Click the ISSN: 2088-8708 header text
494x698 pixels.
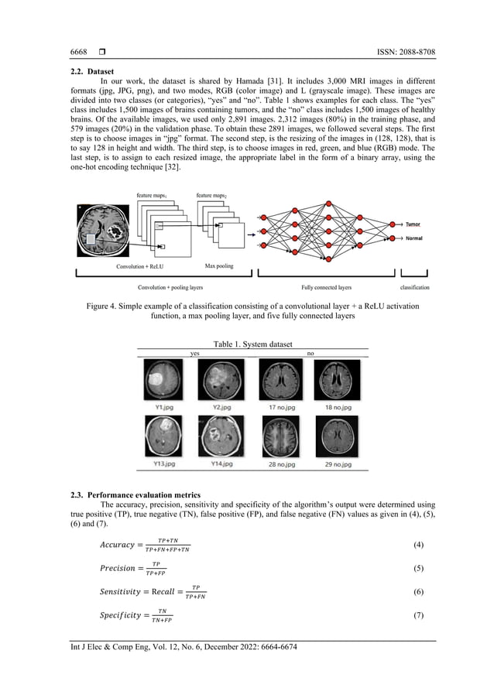(x=403, y=52)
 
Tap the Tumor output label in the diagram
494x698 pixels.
(x=413, y=224)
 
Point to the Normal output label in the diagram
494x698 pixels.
(x=414, y=238)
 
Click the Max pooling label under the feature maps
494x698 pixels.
(x=220, y=266)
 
